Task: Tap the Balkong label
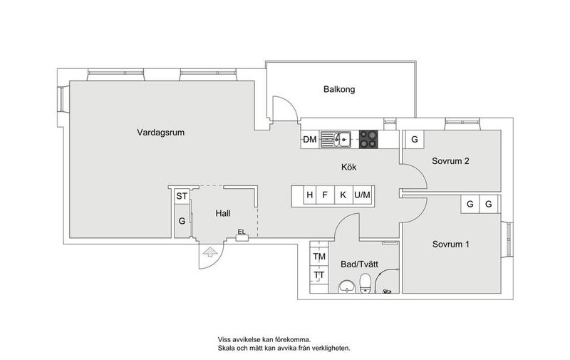tap(338, 90)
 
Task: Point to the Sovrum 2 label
tap(450, 160)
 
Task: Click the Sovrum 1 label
tap(450, 244)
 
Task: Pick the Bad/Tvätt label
tap(359, 264)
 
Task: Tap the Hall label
tap(222, 213)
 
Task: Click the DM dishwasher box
tap(310, 139)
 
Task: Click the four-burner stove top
tap(368, 139)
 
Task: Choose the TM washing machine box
tap(318, 257)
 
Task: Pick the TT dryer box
tap(318, 275)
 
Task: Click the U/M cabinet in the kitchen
tap(363, 195)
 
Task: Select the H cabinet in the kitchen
tap(310, 195)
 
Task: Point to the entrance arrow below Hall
tap(209, 250)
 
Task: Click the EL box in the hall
tap(242, 232)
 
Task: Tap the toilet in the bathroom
tap(365, 285)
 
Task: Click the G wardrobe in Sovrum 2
tap(414, 139)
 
